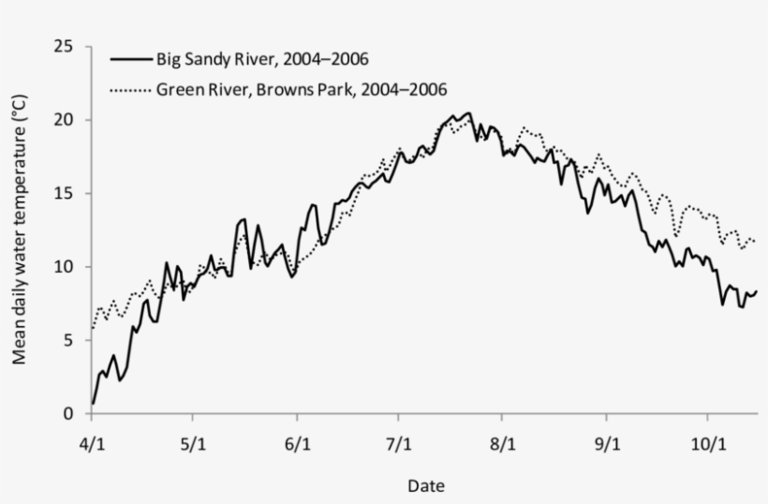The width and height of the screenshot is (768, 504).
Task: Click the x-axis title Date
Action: (425, 486)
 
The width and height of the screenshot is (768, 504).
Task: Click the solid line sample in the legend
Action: (130, 60)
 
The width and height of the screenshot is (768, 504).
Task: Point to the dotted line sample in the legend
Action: (130, 90)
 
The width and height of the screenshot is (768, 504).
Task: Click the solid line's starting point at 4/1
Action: (93, 403)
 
